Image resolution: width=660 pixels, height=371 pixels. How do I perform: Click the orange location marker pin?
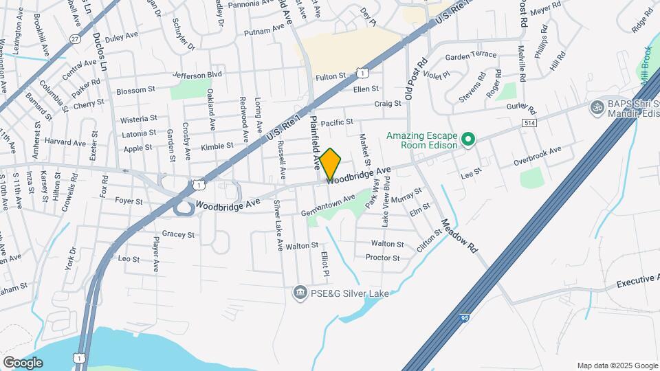pos(330,165)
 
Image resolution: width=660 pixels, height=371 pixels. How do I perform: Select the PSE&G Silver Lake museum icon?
pos(300,293)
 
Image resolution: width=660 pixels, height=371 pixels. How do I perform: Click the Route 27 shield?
pos(74,40)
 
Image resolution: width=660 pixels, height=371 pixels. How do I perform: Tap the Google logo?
pos(23,362)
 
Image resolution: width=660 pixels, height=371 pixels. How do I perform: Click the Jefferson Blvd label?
pos(197,74)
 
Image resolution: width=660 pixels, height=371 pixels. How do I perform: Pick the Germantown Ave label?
pos(328,205)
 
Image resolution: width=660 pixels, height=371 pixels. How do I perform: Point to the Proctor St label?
pos(383,258)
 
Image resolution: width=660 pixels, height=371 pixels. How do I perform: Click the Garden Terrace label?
pos(471,55)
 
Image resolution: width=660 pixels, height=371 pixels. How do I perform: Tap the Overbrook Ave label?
pos(538,155)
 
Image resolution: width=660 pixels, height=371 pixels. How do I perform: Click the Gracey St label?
pos(179,234)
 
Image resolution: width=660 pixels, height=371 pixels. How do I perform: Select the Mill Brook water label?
pos(646,66)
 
